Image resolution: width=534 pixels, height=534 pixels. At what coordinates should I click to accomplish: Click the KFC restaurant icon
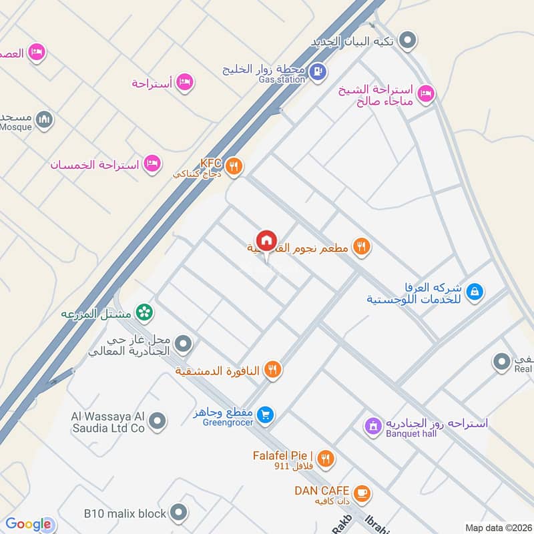233,166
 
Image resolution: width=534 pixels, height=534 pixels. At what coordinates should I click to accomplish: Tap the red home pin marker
266,240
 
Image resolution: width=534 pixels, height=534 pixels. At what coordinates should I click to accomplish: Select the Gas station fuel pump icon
318,70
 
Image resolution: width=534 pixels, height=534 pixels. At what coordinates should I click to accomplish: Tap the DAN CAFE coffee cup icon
362,493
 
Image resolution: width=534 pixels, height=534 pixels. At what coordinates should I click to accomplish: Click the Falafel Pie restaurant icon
325,458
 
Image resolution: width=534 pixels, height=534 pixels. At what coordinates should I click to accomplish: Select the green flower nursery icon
143,312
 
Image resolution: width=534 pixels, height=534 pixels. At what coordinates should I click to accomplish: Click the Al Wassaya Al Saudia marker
158,421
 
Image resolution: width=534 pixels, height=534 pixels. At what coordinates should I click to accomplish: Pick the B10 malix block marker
178,513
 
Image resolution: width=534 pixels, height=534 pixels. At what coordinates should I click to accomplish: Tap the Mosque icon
45,119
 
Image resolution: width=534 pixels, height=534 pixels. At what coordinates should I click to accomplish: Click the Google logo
28,525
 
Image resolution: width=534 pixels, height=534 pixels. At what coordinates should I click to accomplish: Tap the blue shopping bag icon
475,291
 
